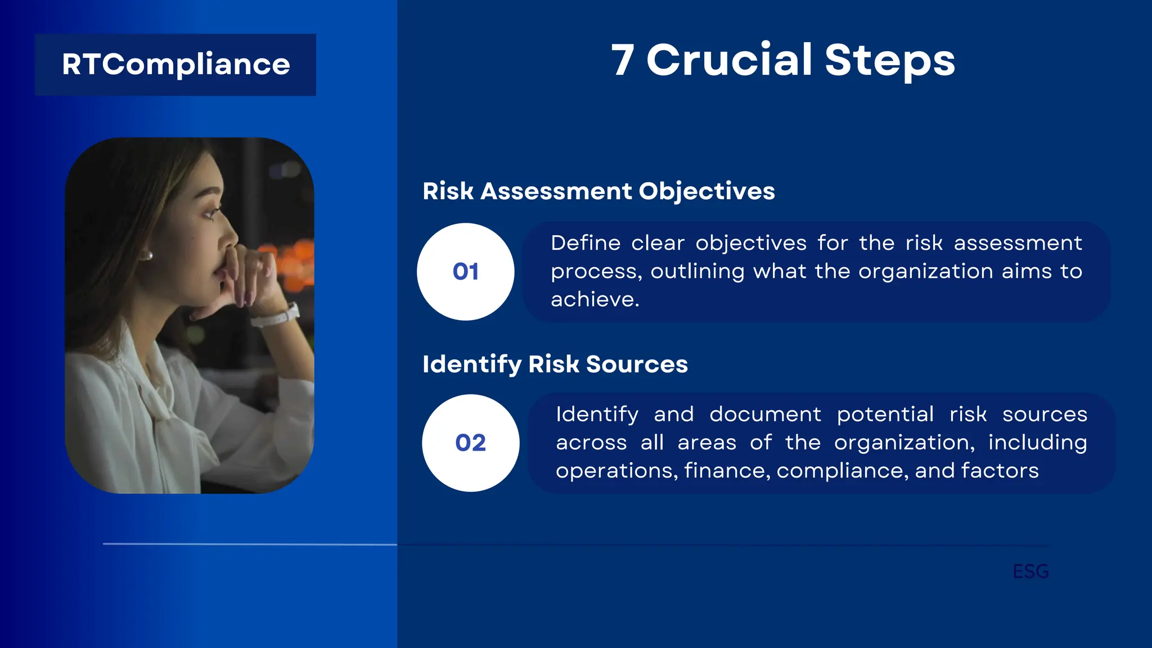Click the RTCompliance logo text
click(x=175, y=64)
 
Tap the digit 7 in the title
click(x=623, y=60)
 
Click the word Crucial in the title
click(x=729, y=60)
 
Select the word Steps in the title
click(x=890, y=61)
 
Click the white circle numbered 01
click(x=465, y=272)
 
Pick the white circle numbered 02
click(x=470, y=443)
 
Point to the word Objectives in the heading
click(x=706, y=192)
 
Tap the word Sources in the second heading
click(x=637, y=364)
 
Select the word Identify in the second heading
click(x=472, y=364)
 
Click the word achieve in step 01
click(x=594, y=300)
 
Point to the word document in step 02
click(x=765, y=415)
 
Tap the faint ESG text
click(x=1030, y=571)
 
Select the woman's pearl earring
click(x=150, y=256)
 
